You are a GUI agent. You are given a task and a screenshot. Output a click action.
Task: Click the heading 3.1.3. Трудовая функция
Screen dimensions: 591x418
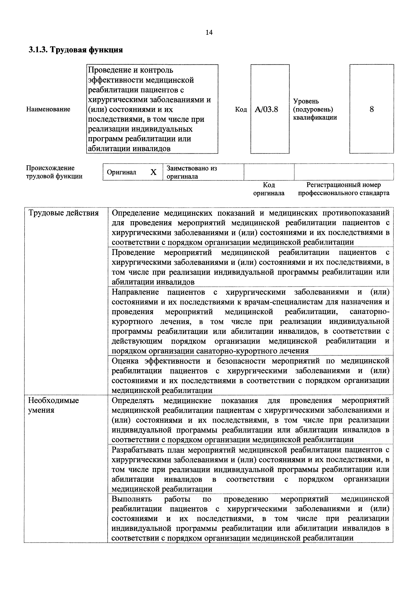[x=75, y=50]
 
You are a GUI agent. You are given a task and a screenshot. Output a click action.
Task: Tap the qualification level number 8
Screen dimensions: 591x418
[x=371, y=109]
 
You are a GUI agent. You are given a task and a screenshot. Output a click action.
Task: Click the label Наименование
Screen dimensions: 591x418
[x=48, y=109]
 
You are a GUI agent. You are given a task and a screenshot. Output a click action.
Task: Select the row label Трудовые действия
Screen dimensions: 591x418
[x=63, y=213]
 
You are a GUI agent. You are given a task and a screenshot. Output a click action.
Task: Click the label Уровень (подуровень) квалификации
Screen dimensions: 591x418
[x=315, y=109]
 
